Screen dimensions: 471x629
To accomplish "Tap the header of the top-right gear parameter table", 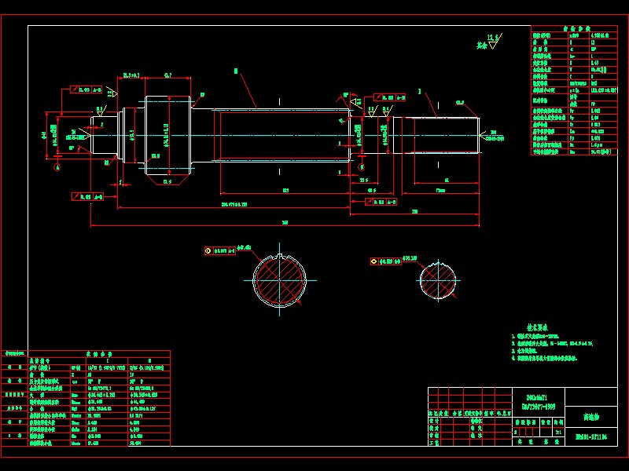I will pos(578,29).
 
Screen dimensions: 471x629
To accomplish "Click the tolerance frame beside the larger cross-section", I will pos(220,251).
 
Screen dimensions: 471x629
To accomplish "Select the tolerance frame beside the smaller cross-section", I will pos(385,261).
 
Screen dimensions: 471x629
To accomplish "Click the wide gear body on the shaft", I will pos(167,135).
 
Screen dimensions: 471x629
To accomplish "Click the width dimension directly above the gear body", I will pos(168,75).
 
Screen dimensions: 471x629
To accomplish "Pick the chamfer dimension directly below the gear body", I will pos(167,182).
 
